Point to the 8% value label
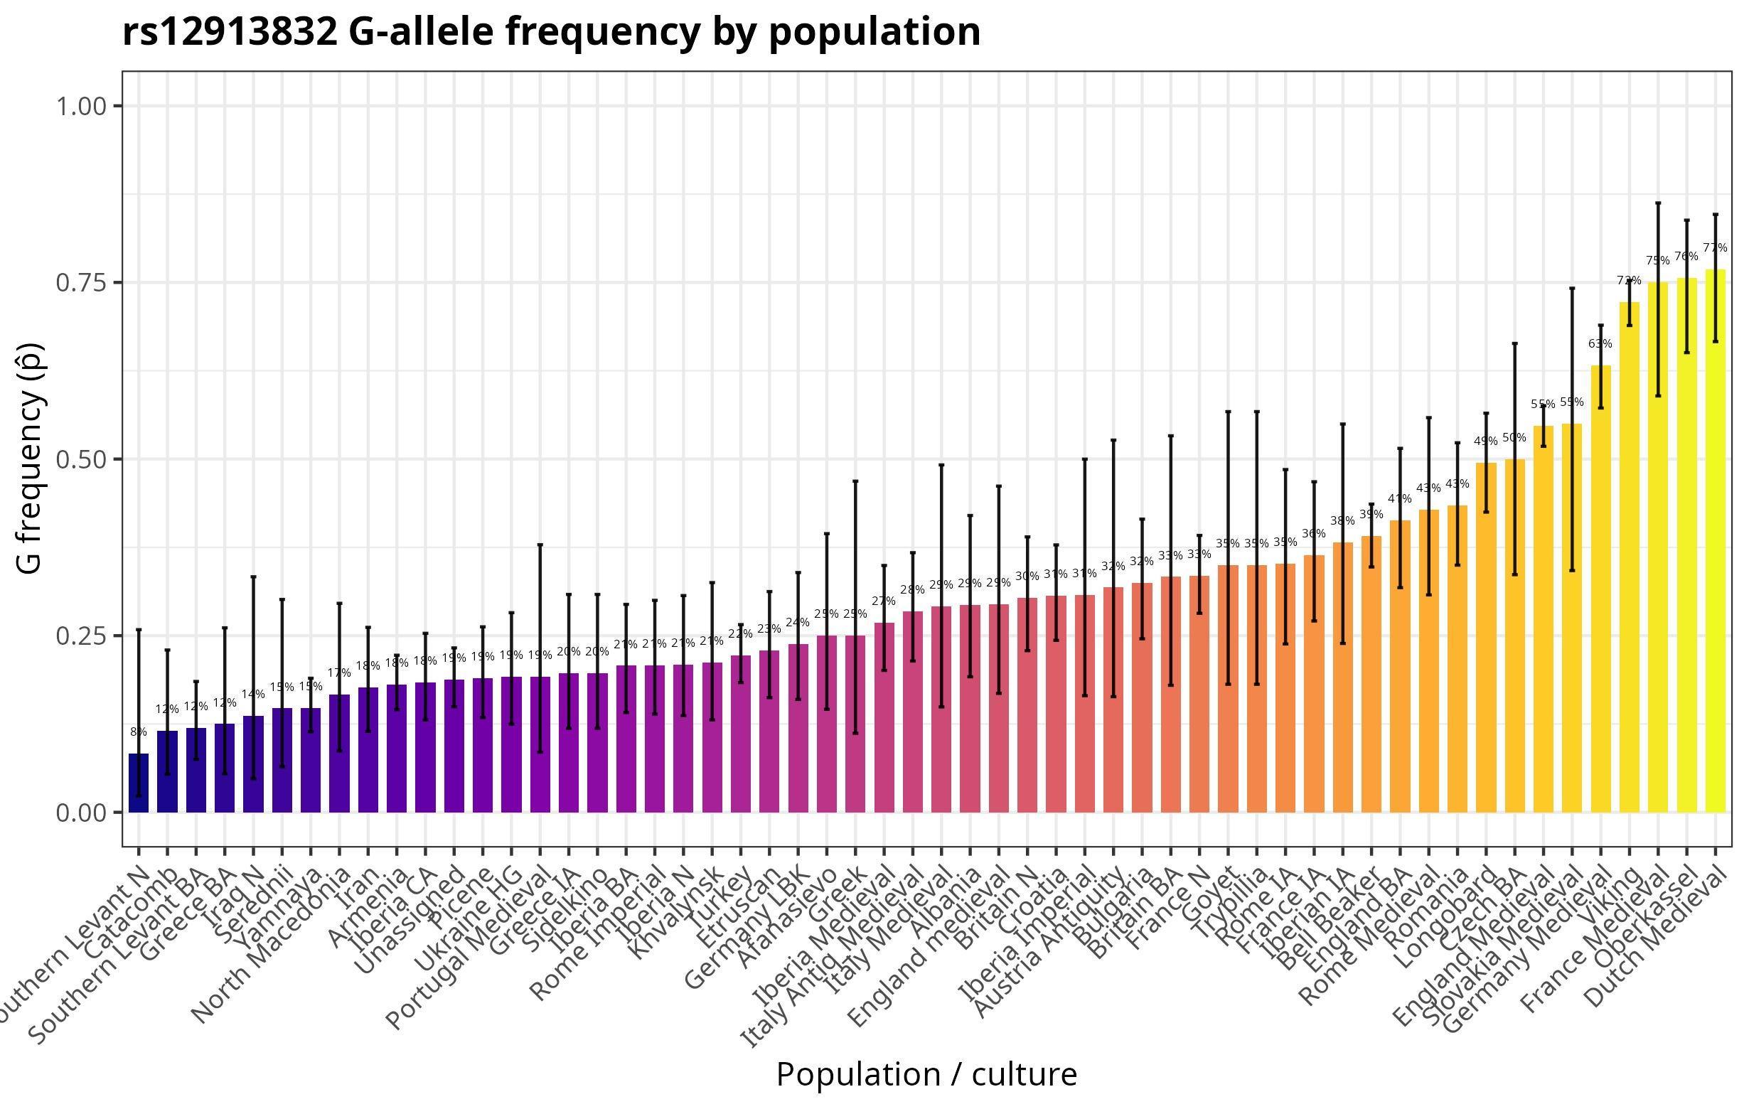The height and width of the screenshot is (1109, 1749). tap(138, 732)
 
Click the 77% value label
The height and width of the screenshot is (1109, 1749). tap(1715, 248)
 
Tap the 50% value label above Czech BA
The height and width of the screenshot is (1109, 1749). tap(1514, 438)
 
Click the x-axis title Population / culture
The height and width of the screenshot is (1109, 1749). tap(926, 1074)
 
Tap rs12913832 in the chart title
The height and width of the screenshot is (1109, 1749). tap(230, 33)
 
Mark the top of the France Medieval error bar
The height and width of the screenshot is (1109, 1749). tap(1657, 203)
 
